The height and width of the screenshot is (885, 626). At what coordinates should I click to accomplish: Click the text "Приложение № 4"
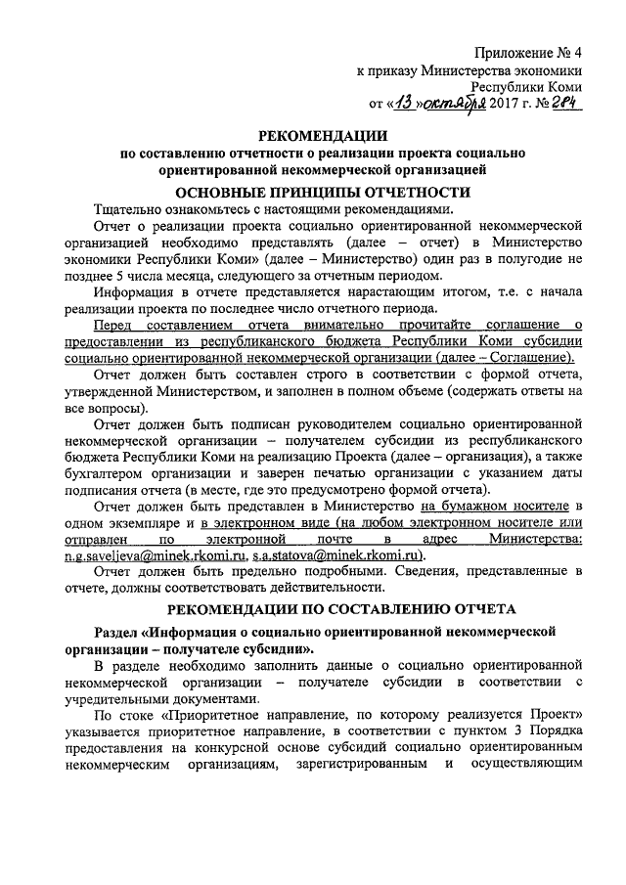pos(529,52)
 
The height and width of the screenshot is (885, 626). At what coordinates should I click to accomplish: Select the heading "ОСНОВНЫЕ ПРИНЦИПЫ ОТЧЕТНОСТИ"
pos(323,192)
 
